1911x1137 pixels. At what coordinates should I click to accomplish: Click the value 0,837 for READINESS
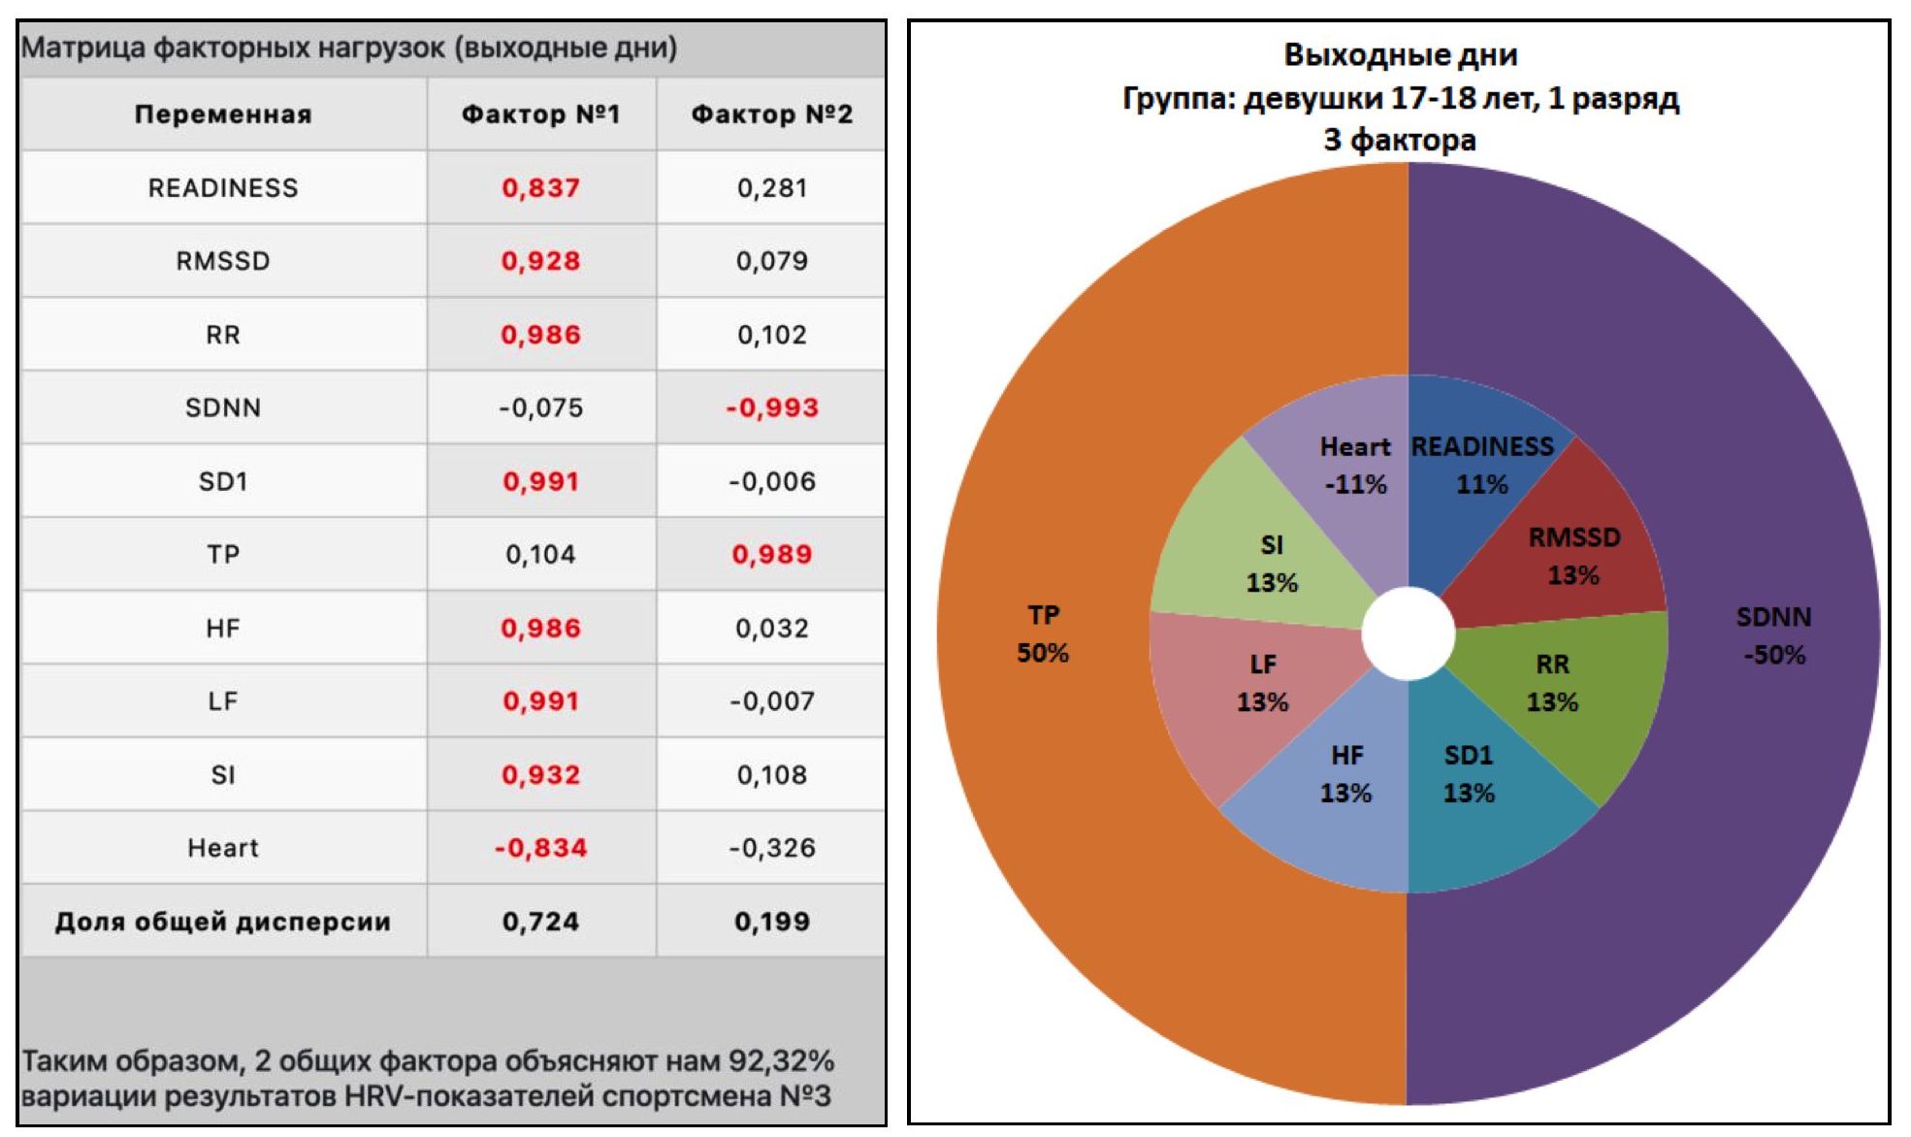pos(540,187)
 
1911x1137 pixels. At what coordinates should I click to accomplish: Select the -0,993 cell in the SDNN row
pos(772,407)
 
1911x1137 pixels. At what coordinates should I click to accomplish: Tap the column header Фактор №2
pos(771,114)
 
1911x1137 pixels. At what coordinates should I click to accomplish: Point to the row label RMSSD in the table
pos(223,261)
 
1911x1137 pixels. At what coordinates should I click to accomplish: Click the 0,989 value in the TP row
pos(772,554)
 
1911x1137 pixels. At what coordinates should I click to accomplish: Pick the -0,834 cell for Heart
pos(540,848)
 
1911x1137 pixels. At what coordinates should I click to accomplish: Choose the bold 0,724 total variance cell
pos(540,922)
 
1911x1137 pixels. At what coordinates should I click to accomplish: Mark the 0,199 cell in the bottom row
pos(772,922)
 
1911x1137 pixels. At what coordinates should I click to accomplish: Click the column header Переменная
pos(223,114)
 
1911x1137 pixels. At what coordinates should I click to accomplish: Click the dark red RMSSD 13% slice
pos(1573,556)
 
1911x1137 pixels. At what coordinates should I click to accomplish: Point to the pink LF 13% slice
pos(1262,683)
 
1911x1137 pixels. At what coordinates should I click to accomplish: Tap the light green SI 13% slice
pos(1271,564)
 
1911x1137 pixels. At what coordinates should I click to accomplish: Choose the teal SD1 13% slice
pos(1469,774)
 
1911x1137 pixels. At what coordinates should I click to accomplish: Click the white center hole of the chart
pos(1408,633)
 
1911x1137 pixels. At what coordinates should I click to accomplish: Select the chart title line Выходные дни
pos(1400,54)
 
